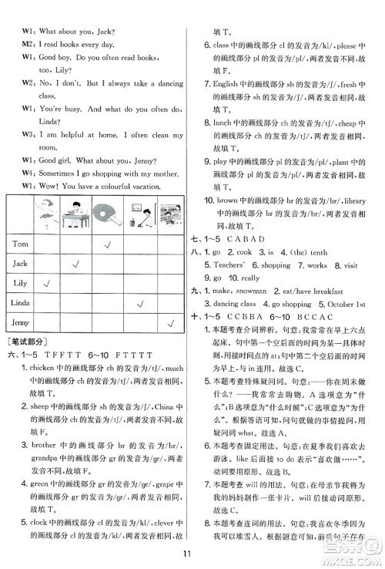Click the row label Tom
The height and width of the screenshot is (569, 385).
coord(20,244)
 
